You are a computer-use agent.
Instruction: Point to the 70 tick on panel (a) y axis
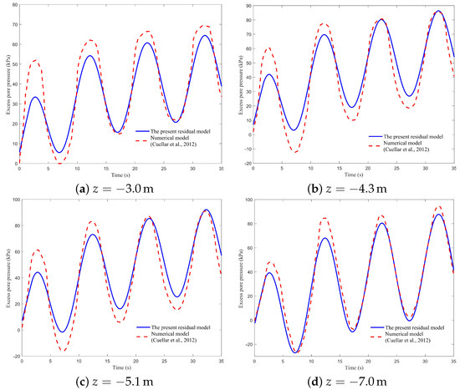(13, 6)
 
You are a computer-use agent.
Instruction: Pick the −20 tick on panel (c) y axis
(12, 356)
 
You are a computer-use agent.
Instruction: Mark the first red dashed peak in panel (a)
(35, 60)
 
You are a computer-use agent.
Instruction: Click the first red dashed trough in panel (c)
(62, 350)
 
